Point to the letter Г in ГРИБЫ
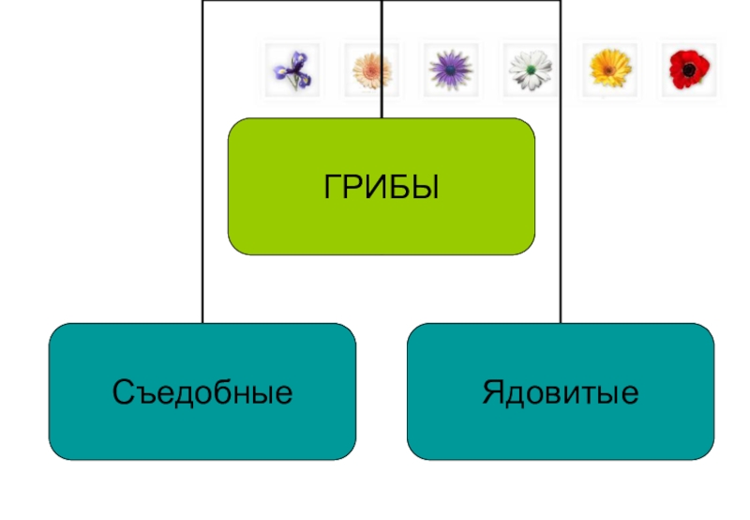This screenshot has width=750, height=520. pos(332,187)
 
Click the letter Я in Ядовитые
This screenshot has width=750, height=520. pos(492,391)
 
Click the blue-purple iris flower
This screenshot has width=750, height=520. pos(292,69)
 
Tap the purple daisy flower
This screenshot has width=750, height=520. pos(450,69)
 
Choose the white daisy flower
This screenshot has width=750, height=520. pos(530,69)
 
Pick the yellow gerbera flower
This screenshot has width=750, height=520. pos(609,69)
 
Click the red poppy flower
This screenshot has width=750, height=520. pos(689,69)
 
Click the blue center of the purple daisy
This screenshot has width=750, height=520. pos(450,69)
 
